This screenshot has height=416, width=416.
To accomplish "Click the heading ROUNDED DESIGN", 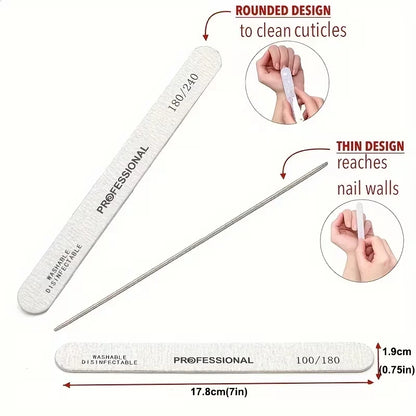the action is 283,11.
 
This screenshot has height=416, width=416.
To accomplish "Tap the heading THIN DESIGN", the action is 370,146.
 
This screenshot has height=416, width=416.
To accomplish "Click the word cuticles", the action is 320,30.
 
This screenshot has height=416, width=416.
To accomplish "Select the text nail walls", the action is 368,188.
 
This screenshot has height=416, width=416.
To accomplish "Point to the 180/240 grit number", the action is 183,92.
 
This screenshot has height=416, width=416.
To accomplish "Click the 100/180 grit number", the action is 318,360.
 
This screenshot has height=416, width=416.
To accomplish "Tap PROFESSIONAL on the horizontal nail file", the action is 213,360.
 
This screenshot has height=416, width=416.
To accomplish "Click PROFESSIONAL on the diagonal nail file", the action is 122,179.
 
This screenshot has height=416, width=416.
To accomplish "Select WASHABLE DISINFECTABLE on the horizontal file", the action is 110,360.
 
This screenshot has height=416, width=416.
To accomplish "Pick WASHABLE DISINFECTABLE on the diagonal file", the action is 64,269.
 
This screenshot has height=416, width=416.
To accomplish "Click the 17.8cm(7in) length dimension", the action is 219,392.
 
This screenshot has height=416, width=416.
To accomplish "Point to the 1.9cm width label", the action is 397,352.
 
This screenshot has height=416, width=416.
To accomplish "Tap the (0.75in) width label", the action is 397,370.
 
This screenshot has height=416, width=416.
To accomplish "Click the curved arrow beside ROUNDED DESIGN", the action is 211,17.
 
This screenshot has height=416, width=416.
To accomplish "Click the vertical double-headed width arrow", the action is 378,361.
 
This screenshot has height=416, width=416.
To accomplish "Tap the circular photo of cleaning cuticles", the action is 287,83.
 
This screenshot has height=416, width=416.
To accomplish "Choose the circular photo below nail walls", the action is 362,241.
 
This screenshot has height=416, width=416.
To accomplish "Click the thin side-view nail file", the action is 191,246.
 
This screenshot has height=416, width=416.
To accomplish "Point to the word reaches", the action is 362,163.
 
